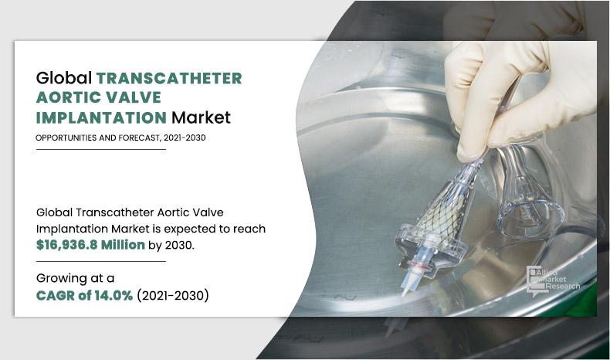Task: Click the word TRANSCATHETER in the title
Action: tap(168, 78)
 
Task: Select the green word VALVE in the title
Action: tap(143, 98)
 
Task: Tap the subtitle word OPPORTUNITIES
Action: tap(67, 138)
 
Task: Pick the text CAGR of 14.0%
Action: tap(85, 295)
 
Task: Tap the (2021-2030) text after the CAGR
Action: tap(173, 295)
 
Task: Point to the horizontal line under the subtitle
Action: tap(101, 149)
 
